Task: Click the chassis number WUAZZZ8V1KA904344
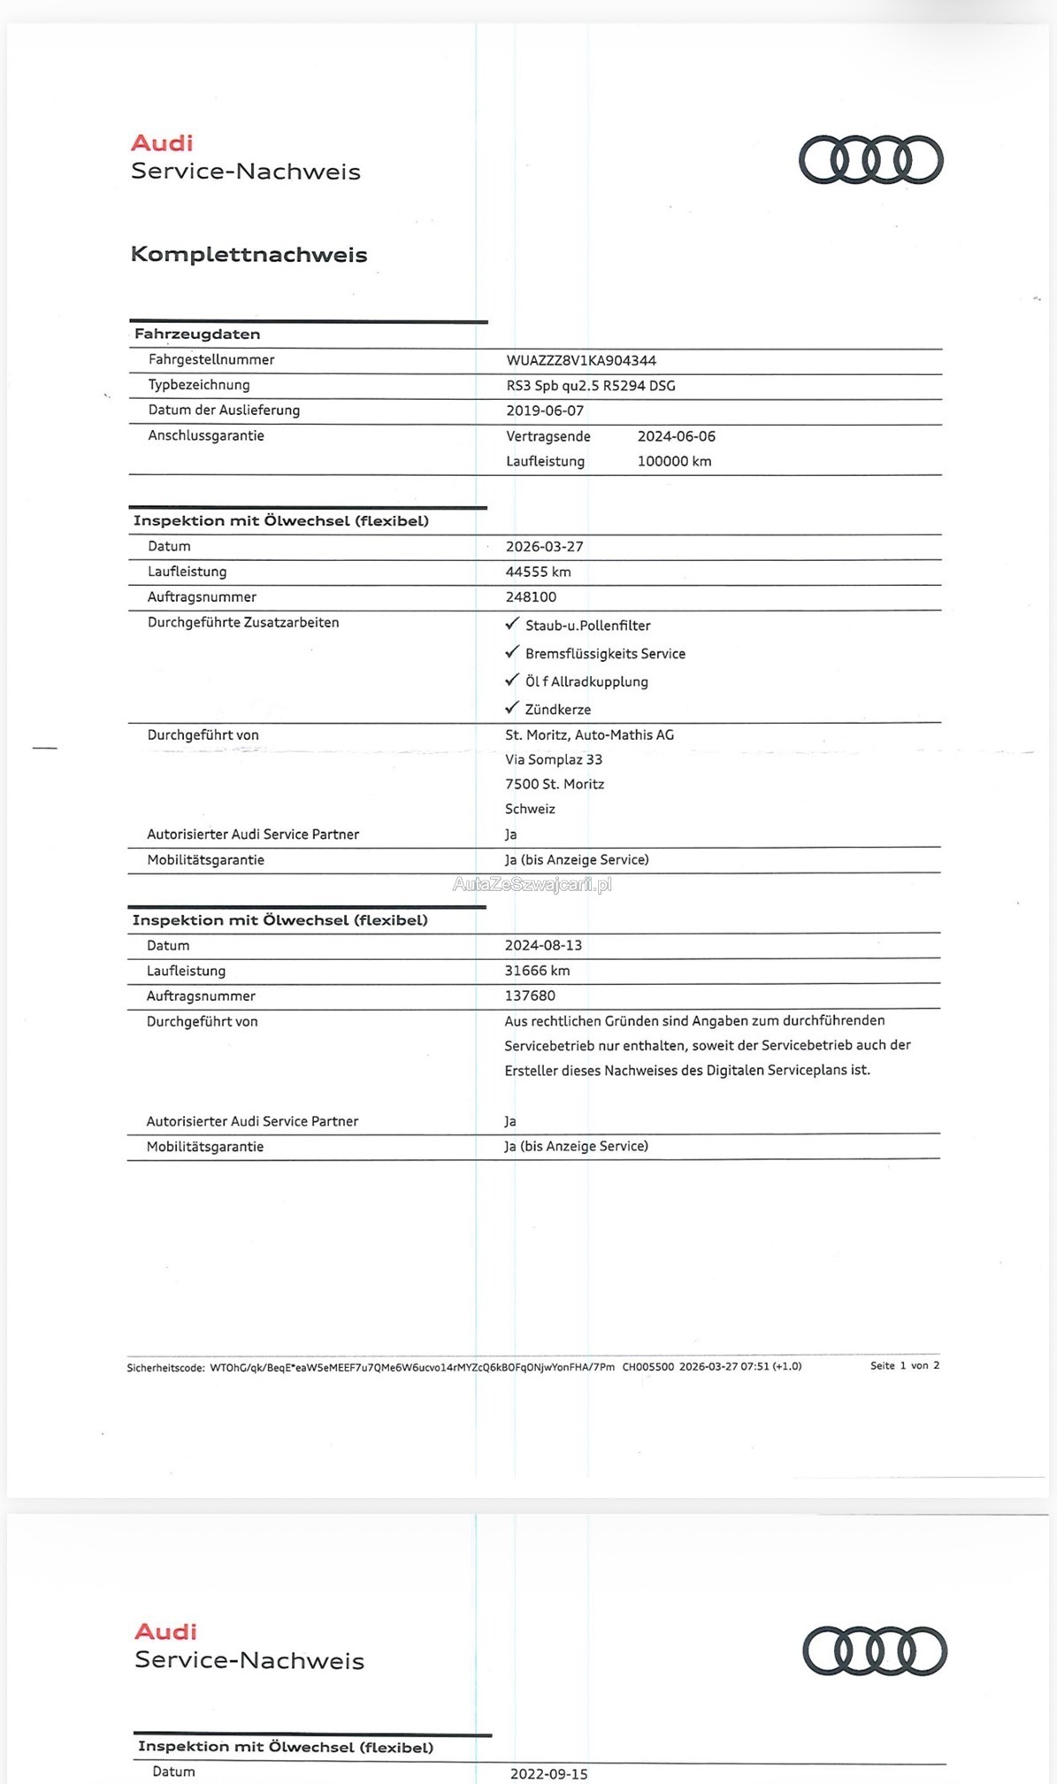pyautogui.click(x=581, y=360)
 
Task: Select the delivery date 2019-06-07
pyautogui.click(x=545, y=411)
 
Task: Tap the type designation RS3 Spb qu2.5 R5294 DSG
pyautogui.click(x=591, y=386)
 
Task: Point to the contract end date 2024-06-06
pyautogui.click(x=676, y=436)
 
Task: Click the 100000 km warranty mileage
pyautogui.click(x=674, y=461)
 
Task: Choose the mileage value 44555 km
pyautogui.click(x=538, y=572)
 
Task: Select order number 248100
pyautogui.click(x=531, y=596)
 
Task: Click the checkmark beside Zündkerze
pyautogui.click(x=511, y=708)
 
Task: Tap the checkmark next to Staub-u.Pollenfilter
pyautogui.click(x=511, y=624)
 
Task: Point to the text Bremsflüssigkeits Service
pyautogui.click(x=605, y=654)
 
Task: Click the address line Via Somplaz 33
pyautogui.click(x=554, y=759)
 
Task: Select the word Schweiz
pyautogui.click(x=530, y=809)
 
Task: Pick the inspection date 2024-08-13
pyautogui.click(x=543, y=945)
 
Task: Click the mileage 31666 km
pyautogui.click(x=537, y=971)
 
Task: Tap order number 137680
pyautogui.click(x=530, y=996)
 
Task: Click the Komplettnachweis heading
pyautogui.click(x=249, y=255)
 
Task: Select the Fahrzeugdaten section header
pyautogui.click(x=197, y=334)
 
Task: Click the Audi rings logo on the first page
pyautogui.click(x=870, y=160)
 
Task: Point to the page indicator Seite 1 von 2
pyautogui.click(x=904, y=1365)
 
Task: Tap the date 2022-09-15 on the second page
pyautogui.click(x=548, y=1773)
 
